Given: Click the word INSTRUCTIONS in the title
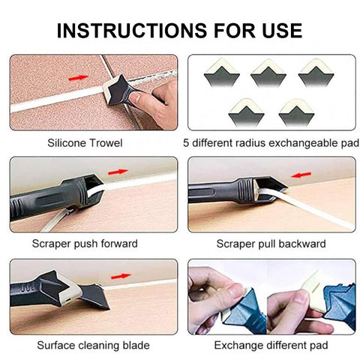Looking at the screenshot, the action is [x=132, y=31].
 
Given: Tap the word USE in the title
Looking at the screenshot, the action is [x=282, y=31].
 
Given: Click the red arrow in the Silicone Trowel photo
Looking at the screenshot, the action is [x=78, y=78].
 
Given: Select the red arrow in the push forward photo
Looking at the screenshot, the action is [x=118, y=172].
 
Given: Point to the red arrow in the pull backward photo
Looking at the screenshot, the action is [x=301, y=175].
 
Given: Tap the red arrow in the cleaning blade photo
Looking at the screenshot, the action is [x=121, y=276].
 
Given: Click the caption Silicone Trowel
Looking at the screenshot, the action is [x=85, y=143].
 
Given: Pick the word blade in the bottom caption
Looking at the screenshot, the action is [x=136, y=345].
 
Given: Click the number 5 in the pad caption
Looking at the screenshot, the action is [x=186, y=143].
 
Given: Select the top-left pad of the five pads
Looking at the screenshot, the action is [x=222, y=73].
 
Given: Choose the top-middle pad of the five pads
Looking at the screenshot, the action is [x=268, y=73].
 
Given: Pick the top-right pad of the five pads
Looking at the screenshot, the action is [x=316, y=73].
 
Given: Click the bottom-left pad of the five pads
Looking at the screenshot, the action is [x=246, y=112].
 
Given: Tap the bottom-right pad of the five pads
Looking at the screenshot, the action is [x=296, y=112].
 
